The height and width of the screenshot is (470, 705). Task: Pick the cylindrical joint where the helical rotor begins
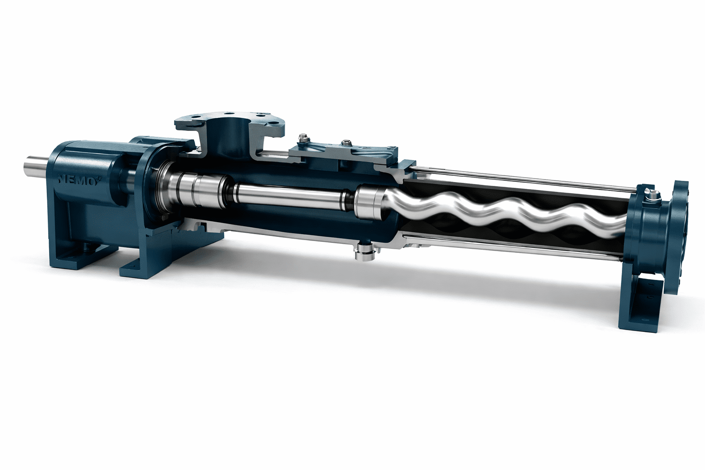(x=368, y=203)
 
